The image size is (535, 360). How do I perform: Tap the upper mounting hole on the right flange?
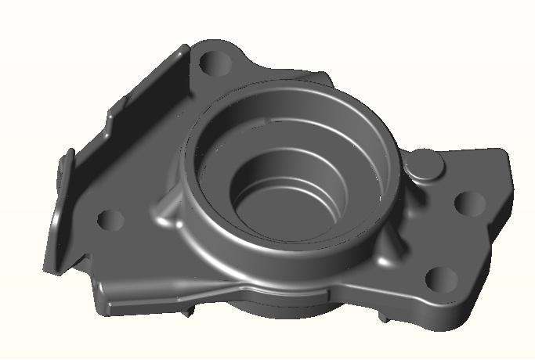coord(470,203)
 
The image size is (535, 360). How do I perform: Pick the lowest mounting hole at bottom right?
coord(440,278)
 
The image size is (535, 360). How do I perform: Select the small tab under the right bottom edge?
coord(387,318)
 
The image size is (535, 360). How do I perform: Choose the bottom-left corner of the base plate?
coord(102,305)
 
